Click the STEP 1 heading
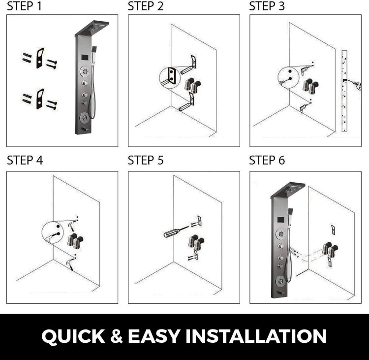[x=25, y=6]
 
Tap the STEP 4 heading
[x=25, y=160]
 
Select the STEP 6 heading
[x=267, y=160]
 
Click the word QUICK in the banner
[x=73, y=336]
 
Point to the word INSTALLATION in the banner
[x=256, y=336]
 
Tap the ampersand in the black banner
[x=116, y=336]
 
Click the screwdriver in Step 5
[x=176, y=231]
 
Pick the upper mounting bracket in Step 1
[x=40, y=58]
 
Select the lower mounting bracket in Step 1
[x=40, y=99]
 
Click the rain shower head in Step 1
[x=92, y=29]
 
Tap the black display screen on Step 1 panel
[x=85, y=57]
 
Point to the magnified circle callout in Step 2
[x=170, y=78]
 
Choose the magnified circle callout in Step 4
[x=53, y=232]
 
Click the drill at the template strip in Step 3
[x=353, y=84]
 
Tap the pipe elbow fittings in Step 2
[x=192, y=85]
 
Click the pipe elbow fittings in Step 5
[x=196, y=242]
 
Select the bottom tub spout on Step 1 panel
[x=85, y=130]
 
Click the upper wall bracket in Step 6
[x=333, y=229]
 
